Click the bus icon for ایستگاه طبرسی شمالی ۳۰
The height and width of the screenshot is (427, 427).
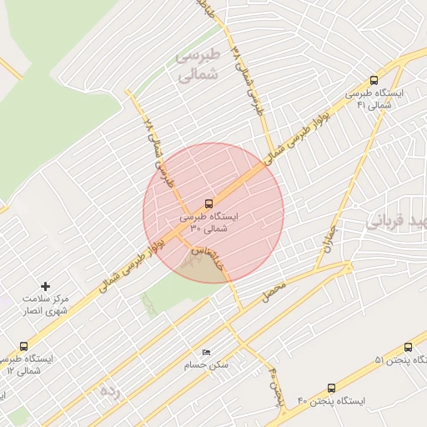point(208,203)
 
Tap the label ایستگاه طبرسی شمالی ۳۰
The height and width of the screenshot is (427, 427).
point(208,221)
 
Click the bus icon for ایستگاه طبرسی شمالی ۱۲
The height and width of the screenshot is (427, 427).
point(23,346)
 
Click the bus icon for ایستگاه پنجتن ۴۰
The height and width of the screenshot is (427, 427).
point(332,388)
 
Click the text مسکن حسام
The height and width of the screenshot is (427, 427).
point(208,365)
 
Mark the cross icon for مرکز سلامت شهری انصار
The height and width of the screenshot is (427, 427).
point(46,285)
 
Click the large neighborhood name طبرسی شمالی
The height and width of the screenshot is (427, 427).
point(198,65)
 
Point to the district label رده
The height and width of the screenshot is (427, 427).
point(110,390)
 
